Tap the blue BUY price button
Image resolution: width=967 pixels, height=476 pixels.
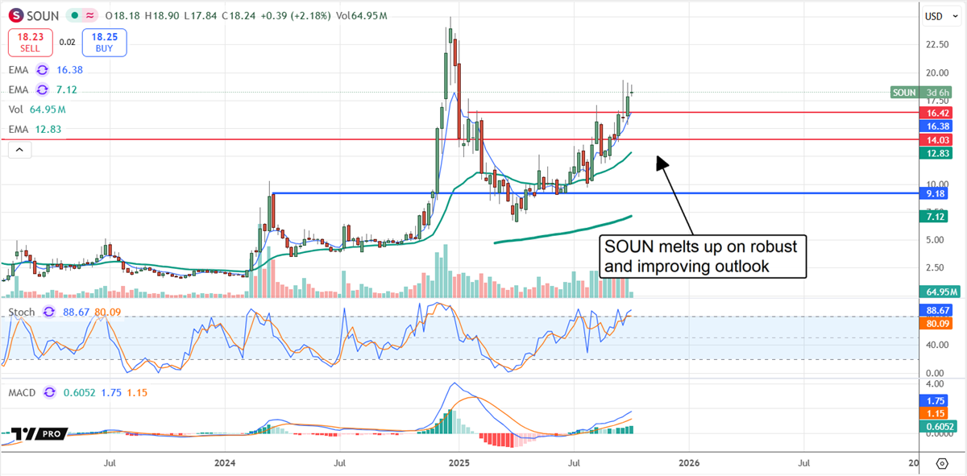(105, 42)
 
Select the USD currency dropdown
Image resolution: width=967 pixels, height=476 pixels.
(934, 16)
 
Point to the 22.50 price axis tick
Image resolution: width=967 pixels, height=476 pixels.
(936, 45)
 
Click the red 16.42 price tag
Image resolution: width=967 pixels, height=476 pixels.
(936, 113)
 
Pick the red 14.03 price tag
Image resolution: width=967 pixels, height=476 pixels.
(936, 139)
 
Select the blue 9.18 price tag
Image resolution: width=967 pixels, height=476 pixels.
(936, 193)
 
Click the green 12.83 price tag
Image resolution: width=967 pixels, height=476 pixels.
(936, 153)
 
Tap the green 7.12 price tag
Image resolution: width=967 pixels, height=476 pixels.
(936, 216)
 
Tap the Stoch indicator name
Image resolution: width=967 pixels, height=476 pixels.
(23, 312)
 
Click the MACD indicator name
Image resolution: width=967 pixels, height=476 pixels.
(23, 392)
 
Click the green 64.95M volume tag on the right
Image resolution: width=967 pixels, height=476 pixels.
(940, 292)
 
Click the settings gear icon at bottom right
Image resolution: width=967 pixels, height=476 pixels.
(942, 463)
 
